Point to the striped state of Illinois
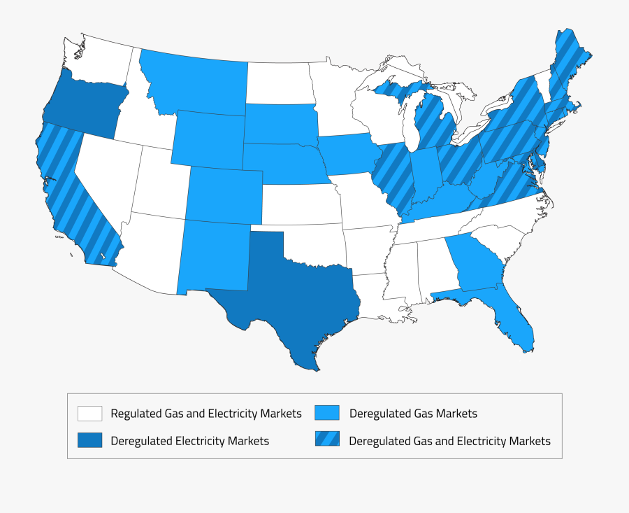coord(391,178)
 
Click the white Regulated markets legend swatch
coord(90,414)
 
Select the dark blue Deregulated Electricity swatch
coord(90,440)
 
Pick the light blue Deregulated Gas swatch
coord(328,414)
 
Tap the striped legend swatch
coord(328,440)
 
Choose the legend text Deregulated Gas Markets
coord(413,414)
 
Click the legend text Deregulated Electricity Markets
coord(189,441)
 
